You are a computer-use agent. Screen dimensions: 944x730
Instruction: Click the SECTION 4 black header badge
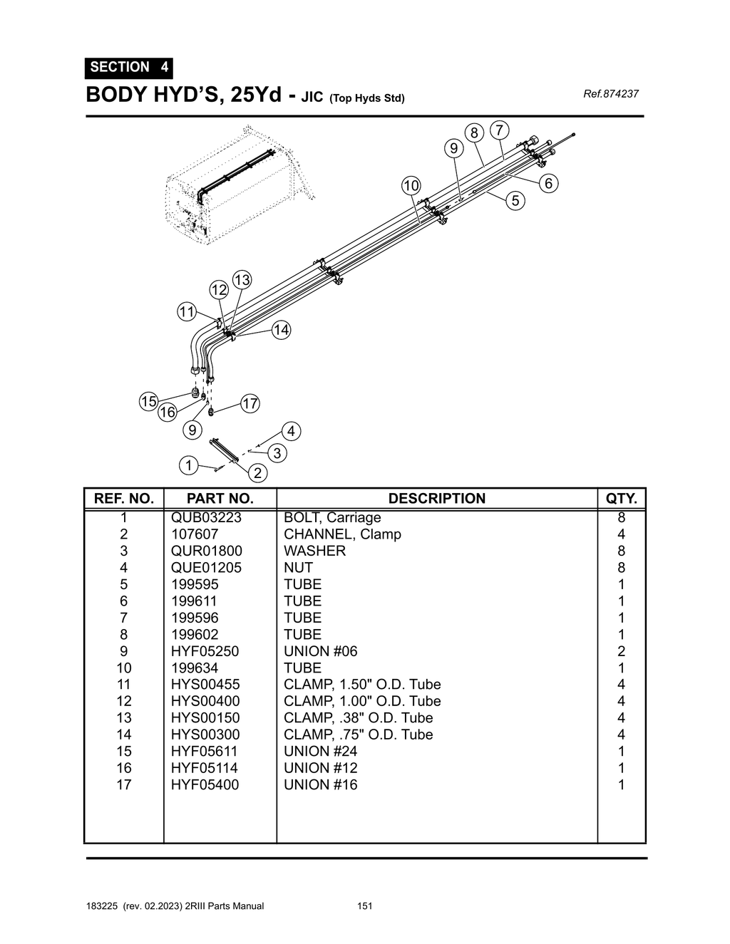coord(129,68)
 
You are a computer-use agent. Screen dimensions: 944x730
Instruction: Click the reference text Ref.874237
coord(610,94)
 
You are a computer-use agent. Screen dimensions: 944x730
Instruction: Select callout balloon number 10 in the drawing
coord(411,186)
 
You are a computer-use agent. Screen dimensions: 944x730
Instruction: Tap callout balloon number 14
coord(282,330)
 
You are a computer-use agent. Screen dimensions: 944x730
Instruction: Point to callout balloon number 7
coord(500,130)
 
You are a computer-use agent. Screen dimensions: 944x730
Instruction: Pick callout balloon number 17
coord(250,404)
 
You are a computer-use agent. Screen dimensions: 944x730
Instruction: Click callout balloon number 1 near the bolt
coord(188,466)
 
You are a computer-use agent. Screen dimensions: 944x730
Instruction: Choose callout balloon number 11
coord(187,311)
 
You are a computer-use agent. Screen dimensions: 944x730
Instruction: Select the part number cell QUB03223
coord(206,518)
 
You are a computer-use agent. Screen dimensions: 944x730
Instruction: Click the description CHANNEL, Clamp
coord(342,534)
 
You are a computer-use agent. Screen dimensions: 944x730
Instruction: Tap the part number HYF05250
coord(205,651)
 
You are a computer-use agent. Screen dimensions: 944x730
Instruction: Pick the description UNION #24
coord(320,751)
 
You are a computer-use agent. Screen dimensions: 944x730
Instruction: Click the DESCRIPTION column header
coord(436,499)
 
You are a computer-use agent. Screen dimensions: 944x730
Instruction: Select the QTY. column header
coord(621,499)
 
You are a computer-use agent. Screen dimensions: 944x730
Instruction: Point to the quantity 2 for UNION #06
coord(621,651)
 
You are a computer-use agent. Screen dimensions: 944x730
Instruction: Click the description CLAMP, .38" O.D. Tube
coord(358,717)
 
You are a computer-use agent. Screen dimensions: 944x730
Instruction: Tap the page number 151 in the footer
coord(365,906)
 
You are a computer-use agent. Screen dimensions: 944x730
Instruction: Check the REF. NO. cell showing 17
coord(124,784)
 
